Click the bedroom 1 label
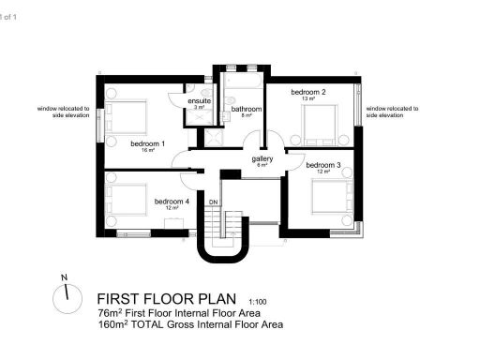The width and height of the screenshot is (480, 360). [148, 143]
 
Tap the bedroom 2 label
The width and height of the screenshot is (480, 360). [307, 93]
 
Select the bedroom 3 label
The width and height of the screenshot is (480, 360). [322, 165]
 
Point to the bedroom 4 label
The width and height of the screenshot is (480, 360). [172, 201]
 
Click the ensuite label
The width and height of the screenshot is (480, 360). [199, 100]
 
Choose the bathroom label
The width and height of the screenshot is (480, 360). [247, 110]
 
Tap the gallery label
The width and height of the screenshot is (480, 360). [262, 159]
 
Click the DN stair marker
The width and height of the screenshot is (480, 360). [213, 202]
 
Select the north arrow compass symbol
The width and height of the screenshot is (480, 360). [64, 298]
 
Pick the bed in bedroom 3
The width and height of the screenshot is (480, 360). [331, 195]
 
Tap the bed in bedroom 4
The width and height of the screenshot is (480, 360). [124, 202]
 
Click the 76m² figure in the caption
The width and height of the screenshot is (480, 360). [109, 312]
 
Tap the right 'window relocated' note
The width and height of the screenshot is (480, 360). [392, 112]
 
